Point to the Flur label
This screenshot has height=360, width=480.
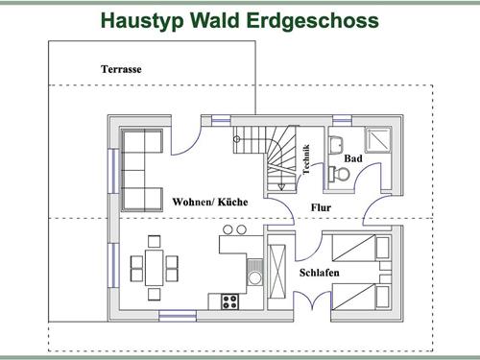click(322, 207)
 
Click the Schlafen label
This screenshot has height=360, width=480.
click(319, 272)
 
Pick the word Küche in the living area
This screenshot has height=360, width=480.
click(233, 203)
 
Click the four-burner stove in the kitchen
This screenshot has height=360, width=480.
click(230, 301)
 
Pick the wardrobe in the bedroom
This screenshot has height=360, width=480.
click(279, 268)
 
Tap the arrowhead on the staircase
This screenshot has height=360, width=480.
click(236, 140)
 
